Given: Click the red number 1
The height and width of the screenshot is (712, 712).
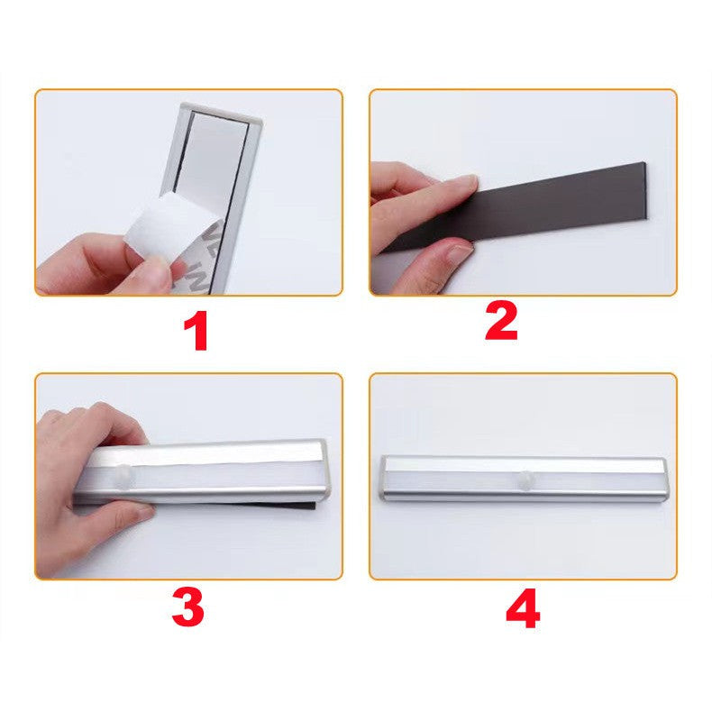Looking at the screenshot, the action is pyautogui.click(x=196, y=331).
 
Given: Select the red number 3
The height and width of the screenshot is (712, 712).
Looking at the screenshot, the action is pyautogui.click(x=188, y=607).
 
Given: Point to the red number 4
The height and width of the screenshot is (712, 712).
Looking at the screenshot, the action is pyautogui.click(x=523, y=608).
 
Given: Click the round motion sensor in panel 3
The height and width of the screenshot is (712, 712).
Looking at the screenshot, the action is pyautogui.click(x=124, y=475).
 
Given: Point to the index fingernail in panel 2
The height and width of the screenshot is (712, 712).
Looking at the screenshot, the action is pyautogui.click(x=465, y=183).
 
